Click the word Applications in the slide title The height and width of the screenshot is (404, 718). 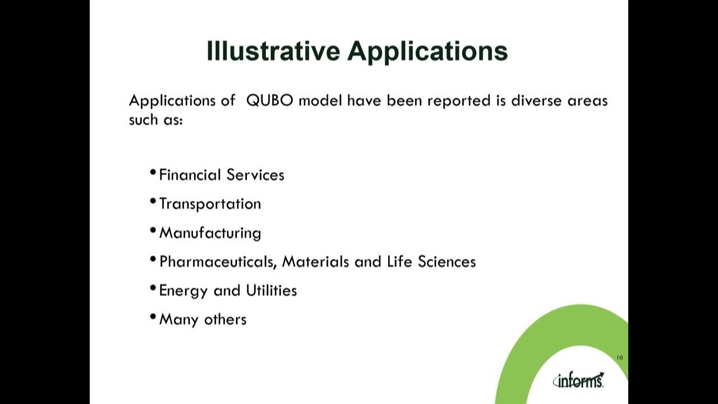427,52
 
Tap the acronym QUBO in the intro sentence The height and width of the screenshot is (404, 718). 269,101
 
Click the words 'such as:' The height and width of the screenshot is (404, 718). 155,120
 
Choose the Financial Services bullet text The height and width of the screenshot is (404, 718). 222,175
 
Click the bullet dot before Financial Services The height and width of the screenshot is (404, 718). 153,173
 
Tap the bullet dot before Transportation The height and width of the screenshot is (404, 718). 153,201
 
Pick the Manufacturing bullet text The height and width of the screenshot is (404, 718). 210,233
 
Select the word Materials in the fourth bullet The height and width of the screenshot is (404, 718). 315,261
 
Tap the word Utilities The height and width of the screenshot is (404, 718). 271,291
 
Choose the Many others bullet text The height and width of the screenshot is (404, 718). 202,319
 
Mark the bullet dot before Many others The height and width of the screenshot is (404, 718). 153,317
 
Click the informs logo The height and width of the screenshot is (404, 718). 578,380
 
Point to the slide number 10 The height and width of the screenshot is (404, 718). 619,357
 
